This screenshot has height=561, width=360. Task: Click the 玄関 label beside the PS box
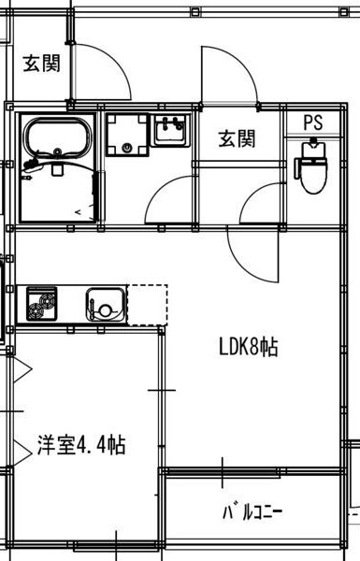(237, 139)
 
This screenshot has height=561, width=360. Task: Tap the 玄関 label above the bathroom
(41, 64)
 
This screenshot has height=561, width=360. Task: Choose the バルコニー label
(252, 512)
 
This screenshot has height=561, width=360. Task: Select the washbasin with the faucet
(170, 133)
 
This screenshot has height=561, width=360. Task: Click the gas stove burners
(41, 304)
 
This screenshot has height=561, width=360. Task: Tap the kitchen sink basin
(105, 304)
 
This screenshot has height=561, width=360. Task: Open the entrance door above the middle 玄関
(224, 75)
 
